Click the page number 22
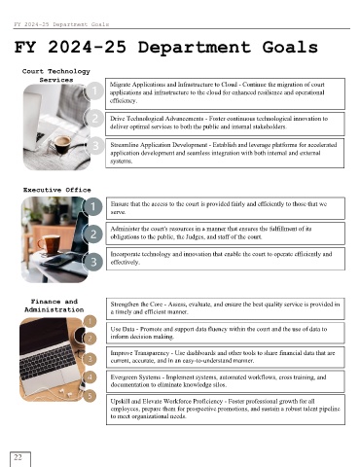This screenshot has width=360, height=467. coord(18,457)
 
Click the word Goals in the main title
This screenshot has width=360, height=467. coord(290,48)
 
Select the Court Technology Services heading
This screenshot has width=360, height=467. coord(56,75)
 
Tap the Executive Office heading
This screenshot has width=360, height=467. coord(57,190)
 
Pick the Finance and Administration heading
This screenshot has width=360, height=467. coord(54,305)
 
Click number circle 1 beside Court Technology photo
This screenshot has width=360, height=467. coord(94,90)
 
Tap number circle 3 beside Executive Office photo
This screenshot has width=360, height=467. coord(93,262)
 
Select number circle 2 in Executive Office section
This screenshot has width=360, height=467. coord(93,233)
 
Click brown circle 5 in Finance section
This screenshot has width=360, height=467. coord(90,396)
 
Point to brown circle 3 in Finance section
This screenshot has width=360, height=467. coord(90,359)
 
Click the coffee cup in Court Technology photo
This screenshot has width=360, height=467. coord(61,144)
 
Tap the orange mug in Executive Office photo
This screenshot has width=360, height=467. coord(50,243)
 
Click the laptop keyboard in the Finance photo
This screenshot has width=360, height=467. coord(48,361)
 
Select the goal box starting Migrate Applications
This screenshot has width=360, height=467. coord(225,93)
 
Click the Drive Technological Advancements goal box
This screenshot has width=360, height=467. coord(225,124)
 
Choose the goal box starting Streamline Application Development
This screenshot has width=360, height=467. coord(225,153)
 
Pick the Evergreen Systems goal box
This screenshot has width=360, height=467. coord(226,381)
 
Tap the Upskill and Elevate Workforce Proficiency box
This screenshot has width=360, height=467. coord(226,410)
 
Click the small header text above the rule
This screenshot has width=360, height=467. coord(61,24)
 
